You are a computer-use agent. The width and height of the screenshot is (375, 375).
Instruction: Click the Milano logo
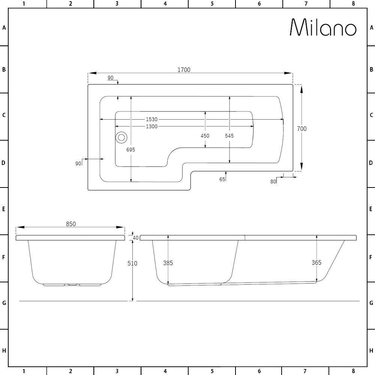[323, 27]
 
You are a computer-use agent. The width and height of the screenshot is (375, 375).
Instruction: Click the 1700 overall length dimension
[184, 70]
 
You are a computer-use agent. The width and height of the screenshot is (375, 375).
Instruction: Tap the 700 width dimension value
[302, 129]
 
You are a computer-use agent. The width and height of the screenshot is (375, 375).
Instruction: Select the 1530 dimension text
[151, 119]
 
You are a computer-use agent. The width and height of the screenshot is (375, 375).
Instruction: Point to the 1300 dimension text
[151, 126]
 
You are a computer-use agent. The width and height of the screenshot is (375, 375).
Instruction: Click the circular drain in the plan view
[121, 138]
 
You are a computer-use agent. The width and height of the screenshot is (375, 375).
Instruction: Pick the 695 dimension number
[131, 150]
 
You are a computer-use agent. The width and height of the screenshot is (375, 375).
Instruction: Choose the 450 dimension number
[205, 136]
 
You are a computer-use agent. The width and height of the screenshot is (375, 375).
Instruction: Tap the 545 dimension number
[229, 136]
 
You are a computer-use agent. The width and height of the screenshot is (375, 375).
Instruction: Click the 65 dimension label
[222, 179]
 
